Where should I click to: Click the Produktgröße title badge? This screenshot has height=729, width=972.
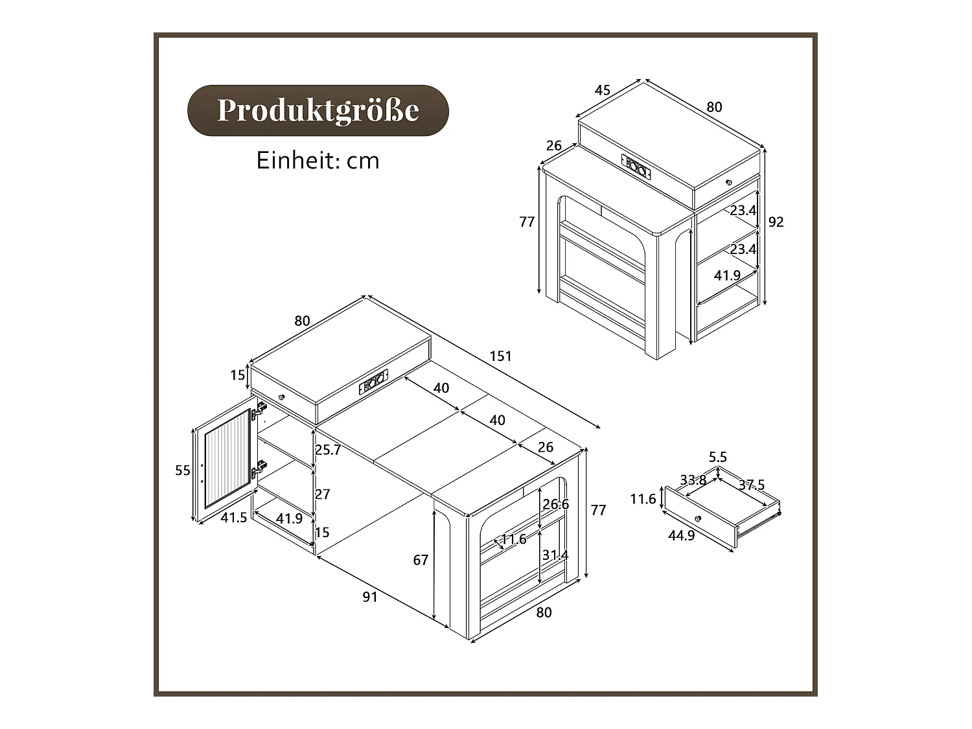318,110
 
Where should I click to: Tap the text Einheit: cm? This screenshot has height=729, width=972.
318,161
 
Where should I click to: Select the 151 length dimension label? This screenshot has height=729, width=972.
500,356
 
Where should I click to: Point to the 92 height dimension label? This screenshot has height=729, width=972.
776,222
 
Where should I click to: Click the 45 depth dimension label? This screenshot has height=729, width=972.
603,90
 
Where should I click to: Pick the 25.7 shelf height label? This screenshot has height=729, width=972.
328,450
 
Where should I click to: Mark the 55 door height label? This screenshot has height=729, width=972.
183,470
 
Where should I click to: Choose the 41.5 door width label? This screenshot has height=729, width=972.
233,518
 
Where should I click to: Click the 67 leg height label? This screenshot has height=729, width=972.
421,560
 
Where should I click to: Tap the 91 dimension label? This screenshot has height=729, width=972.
369,597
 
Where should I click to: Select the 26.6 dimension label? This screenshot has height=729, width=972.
555,504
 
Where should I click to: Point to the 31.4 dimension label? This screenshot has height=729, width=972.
555,555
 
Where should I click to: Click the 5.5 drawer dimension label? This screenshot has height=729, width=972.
717,457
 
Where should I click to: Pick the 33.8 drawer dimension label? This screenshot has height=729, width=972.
693,480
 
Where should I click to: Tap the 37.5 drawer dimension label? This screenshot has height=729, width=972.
752,485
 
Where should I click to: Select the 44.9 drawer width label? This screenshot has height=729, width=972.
681,536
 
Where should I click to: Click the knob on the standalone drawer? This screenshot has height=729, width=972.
698,518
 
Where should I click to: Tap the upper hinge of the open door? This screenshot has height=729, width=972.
260,409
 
